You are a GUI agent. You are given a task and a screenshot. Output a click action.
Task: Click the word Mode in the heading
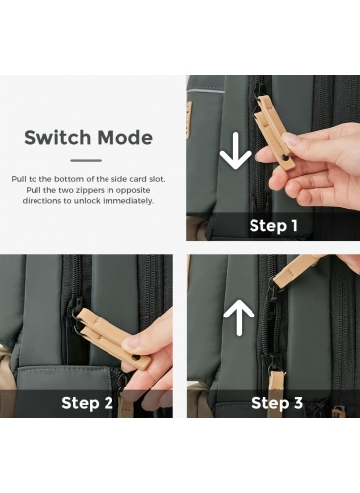[x=125, y=137]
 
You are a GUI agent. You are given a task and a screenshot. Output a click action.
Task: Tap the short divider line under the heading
[x=86, y=161]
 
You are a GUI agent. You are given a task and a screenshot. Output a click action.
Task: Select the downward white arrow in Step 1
[x=235, y=150]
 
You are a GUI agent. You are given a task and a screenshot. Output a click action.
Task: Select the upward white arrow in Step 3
[x=239, y=317]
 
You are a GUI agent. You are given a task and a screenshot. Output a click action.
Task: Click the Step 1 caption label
[x=273, y=226]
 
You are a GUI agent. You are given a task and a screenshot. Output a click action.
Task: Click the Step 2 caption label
[x=87, y=403]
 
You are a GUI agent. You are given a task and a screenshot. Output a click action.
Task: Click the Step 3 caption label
[x=277, y=403]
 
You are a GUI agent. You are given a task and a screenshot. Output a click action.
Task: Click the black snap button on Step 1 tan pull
[x=285, y=159]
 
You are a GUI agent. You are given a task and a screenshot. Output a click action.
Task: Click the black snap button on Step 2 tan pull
[x=135, y=358]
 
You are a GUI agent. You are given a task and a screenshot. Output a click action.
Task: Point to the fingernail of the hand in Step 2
[x=129, y=343]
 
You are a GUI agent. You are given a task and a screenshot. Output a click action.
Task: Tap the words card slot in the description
[x=146, y=179]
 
